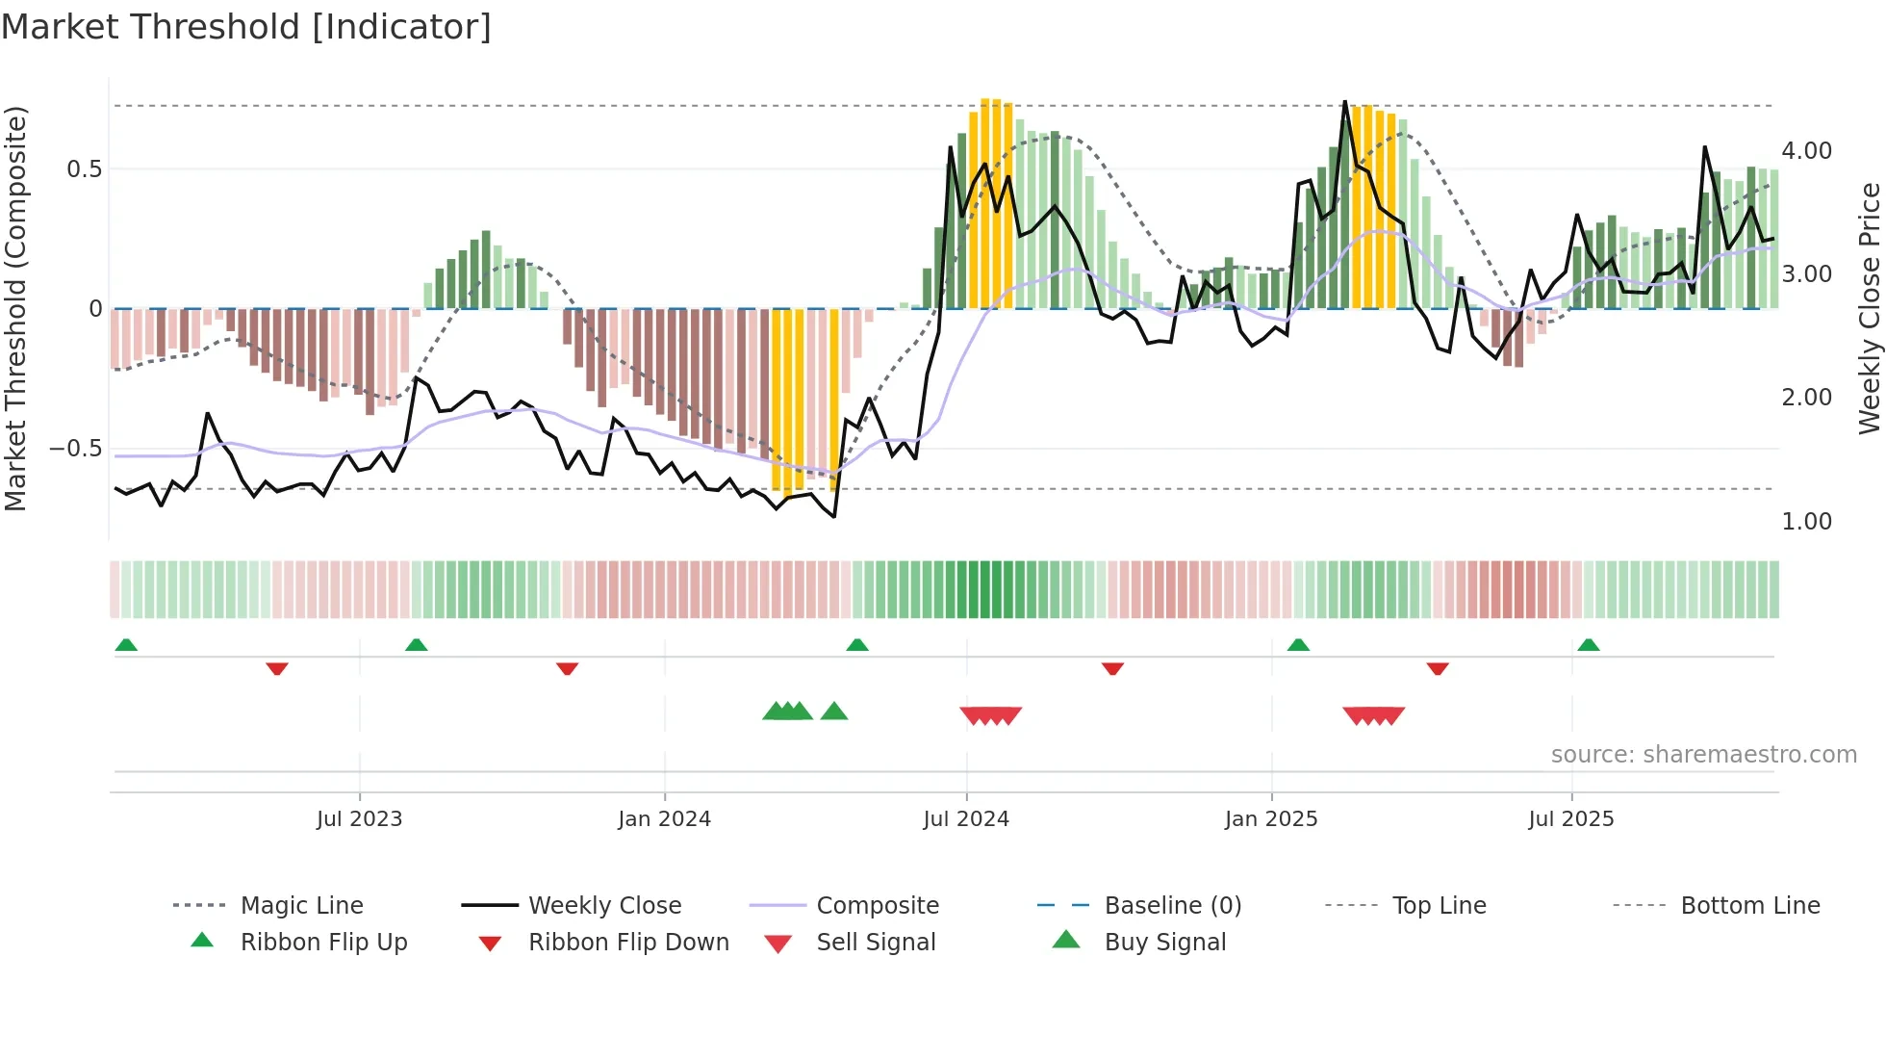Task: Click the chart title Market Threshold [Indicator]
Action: coord(246,27)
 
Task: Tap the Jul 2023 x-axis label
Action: coord(359,819)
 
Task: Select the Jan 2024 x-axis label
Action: coord(664,819)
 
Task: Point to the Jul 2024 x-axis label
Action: coord(966,819)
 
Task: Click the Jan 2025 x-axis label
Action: coord(1271,819)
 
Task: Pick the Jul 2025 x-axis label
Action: coord(1571,819)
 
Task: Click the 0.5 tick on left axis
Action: coord(84,169)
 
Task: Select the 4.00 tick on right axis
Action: coord(1806,151)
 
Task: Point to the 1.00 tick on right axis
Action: coord(1806,522)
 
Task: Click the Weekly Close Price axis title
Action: coord(1869,308)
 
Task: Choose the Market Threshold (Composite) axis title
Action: coord(15,308)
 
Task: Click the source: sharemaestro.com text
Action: coord(1703,755)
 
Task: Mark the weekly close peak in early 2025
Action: coord(1344,102)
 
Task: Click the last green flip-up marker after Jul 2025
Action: coord(1589,645)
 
